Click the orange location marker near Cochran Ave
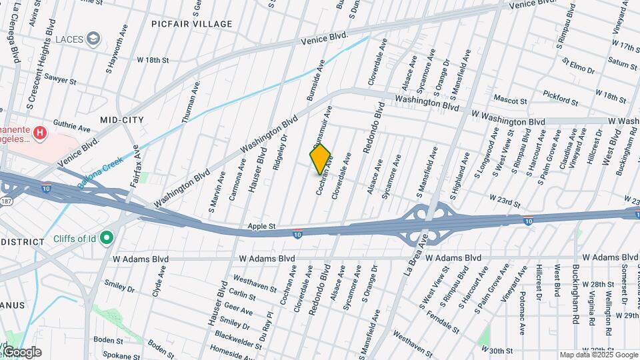[x=321, y=159]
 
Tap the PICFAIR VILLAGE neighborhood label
[x=192, y=24]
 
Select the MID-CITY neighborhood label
[x=122, y=119]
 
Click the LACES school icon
[x=94, y=39]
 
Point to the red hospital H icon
[x=41, y=133]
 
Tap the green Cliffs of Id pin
[x=107, y=238]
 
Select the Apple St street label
[x=261, y=227]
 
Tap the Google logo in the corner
[x=21, y=351]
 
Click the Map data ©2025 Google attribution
[x=599, y=355]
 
